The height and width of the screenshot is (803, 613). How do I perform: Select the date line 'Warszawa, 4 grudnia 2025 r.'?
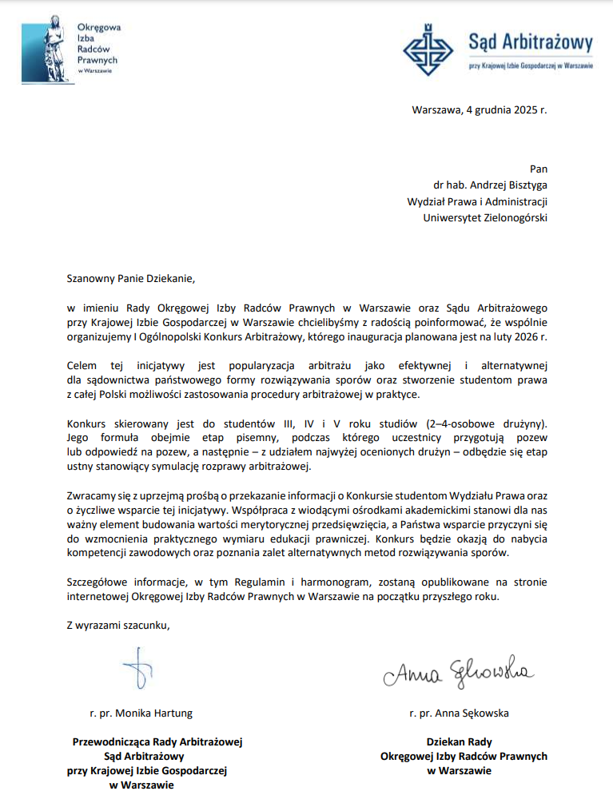(x=480, y=110)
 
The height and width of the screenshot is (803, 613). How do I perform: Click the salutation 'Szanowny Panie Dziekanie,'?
(x=130, y=280)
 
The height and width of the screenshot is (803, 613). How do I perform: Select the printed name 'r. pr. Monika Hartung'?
(x=141, y=713)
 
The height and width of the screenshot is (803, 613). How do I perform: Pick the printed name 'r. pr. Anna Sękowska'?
(x=458, y=713)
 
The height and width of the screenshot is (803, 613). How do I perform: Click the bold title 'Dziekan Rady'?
(x=459, y=741)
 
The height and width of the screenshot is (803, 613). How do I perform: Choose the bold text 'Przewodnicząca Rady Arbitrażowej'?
(x=157, y=741)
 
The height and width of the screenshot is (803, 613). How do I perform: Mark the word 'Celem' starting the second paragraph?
(x=82, y=365)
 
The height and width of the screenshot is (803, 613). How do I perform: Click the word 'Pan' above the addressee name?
(x=539, y=169)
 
